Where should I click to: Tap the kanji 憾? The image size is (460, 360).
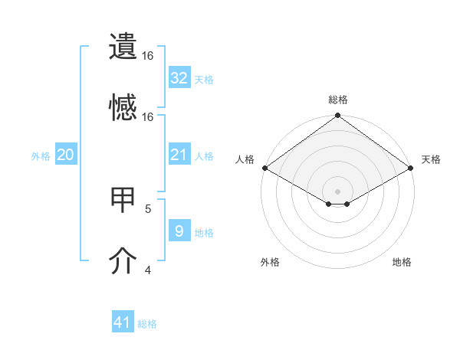coord(123,108)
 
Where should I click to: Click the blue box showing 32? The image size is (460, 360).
coord(179,77)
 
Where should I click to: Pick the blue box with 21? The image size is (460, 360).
coord(179,155)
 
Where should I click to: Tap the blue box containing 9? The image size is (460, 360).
coord(179,231)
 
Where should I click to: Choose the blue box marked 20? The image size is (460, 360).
coord(65,155)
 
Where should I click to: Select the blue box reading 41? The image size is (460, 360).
coord(123,322)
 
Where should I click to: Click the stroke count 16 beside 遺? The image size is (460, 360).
coord(148,56)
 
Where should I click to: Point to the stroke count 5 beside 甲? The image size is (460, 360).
coord(148,208)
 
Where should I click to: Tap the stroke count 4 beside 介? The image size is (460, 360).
coord(148,270)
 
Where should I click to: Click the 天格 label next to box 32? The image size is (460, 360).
coord(203,79)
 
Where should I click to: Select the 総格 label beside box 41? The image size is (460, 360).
coord(147,324)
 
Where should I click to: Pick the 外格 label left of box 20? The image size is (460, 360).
coord(41,156)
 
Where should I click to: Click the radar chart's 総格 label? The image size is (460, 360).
coord(338,100)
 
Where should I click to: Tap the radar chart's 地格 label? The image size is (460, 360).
coord(402,263)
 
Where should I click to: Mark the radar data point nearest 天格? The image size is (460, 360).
coord(412,168)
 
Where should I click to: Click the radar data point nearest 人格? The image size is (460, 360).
coord(264,168)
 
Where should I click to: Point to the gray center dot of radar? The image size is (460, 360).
coord(338,190)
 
